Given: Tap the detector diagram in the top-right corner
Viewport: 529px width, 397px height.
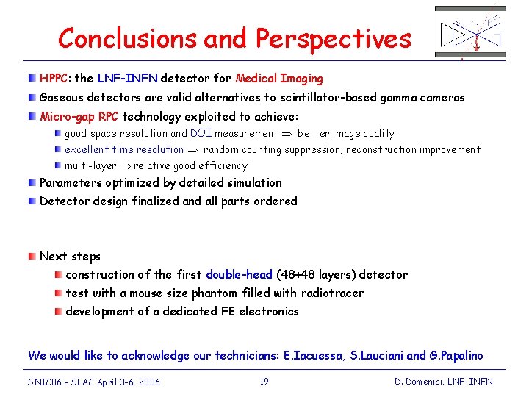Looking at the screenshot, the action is (470, 32).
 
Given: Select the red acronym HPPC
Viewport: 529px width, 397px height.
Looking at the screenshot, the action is (55, 79).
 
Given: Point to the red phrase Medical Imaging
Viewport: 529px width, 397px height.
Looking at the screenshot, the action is (279, 79).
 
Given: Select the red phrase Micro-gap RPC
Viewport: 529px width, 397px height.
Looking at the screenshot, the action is (79, 116).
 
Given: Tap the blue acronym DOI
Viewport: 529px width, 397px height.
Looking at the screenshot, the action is (201, 134).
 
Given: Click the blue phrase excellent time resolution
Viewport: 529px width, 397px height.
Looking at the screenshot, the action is (123, 150).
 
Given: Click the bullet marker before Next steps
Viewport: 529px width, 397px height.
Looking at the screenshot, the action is (32, 256).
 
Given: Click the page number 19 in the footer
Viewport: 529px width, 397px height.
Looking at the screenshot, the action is (265, 381).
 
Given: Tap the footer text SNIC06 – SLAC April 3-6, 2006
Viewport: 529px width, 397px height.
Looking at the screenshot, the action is (94, 382).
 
